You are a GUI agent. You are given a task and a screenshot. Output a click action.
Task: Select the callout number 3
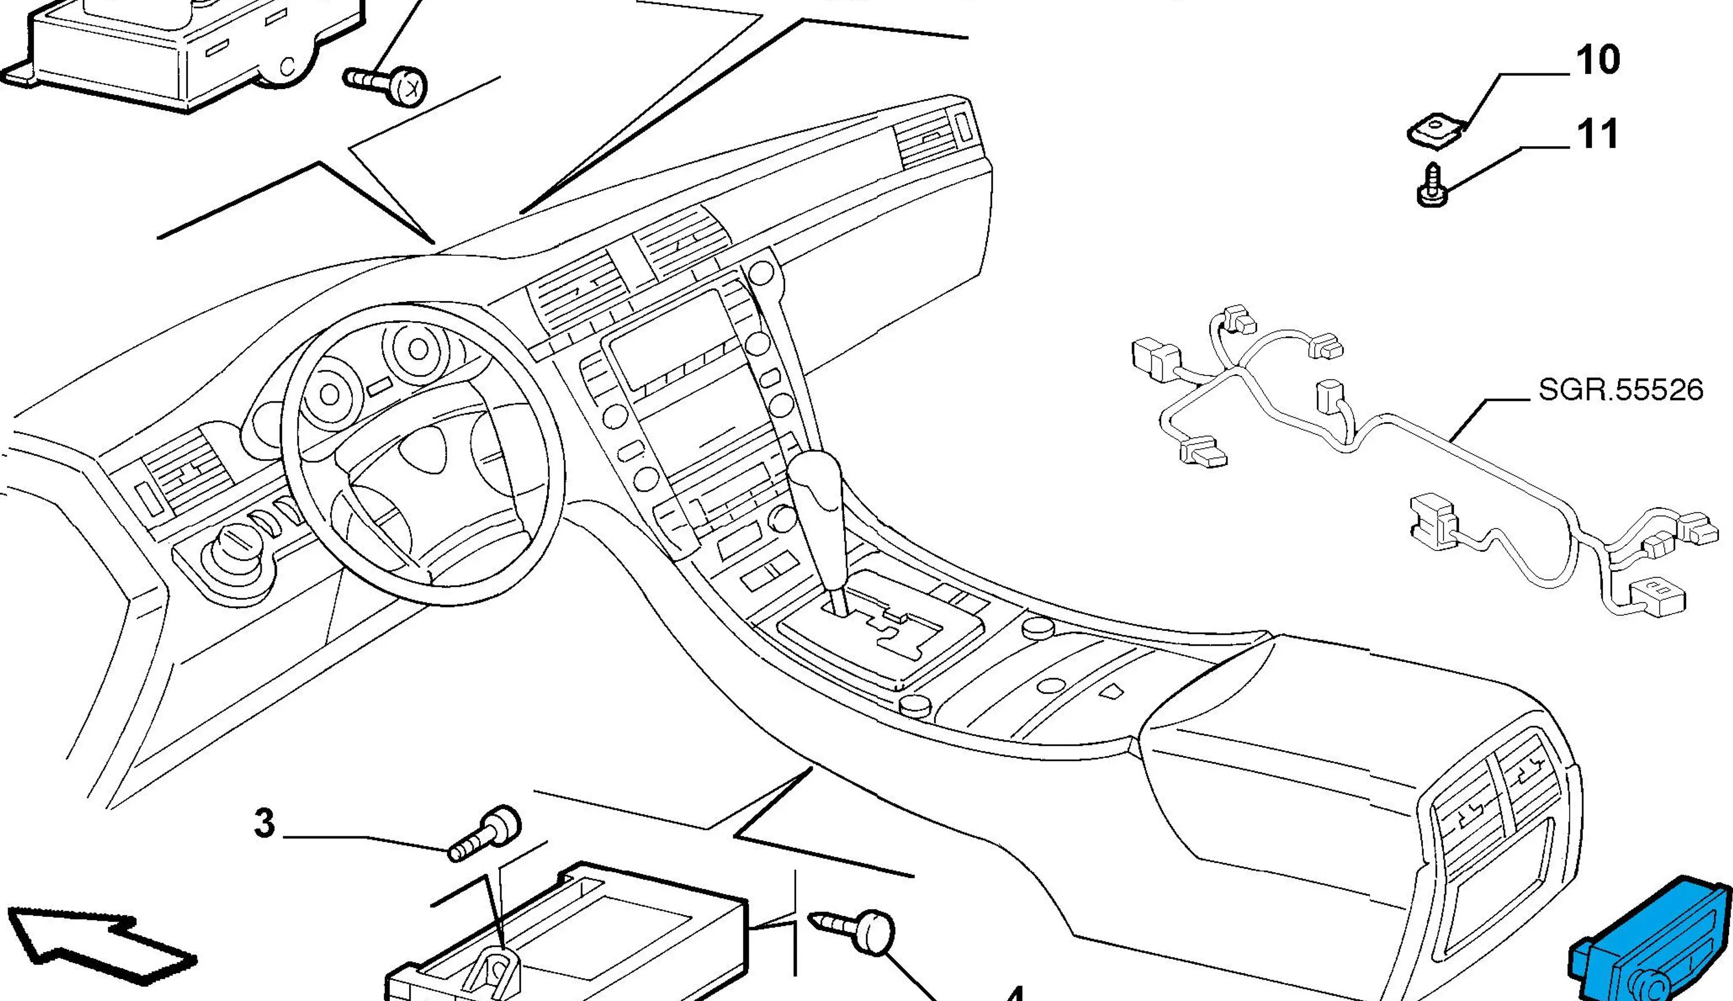point(264,823)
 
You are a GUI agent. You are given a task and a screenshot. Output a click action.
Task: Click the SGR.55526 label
point(1620,390)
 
